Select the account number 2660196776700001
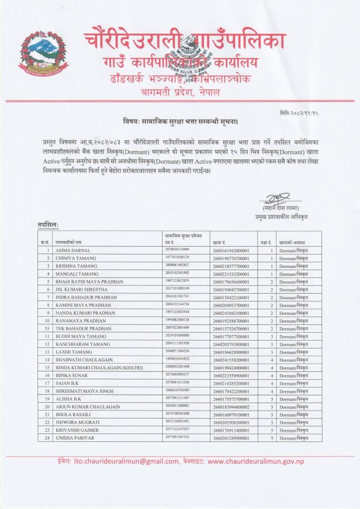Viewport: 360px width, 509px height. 230,258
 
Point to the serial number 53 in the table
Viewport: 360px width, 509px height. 49,329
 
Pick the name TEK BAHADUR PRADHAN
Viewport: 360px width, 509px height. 83,329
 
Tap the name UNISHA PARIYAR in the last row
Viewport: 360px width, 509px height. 75,437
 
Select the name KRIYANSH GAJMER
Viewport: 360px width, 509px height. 77,430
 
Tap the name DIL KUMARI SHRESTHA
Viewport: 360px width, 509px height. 81,290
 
